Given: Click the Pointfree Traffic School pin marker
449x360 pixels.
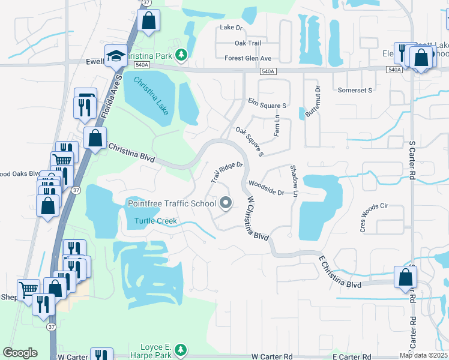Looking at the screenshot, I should tap(226, 204).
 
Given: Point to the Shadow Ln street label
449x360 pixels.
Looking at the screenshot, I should tap(294, 180).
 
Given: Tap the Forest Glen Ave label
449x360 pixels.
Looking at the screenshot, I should tap(248, 58).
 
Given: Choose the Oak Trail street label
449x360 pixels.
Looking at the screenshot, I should tap(248, 43).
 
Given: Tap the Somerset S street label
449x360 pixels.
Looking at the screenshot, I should tap(355, 89).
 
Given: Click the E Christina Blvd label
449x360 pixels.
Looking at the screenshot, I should tap(339, 272).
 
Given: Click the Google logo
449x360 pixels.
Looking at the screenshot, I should tap(20, 353).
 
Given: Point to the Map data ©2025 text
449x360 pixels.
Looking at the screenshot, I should tap(423, 355).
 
